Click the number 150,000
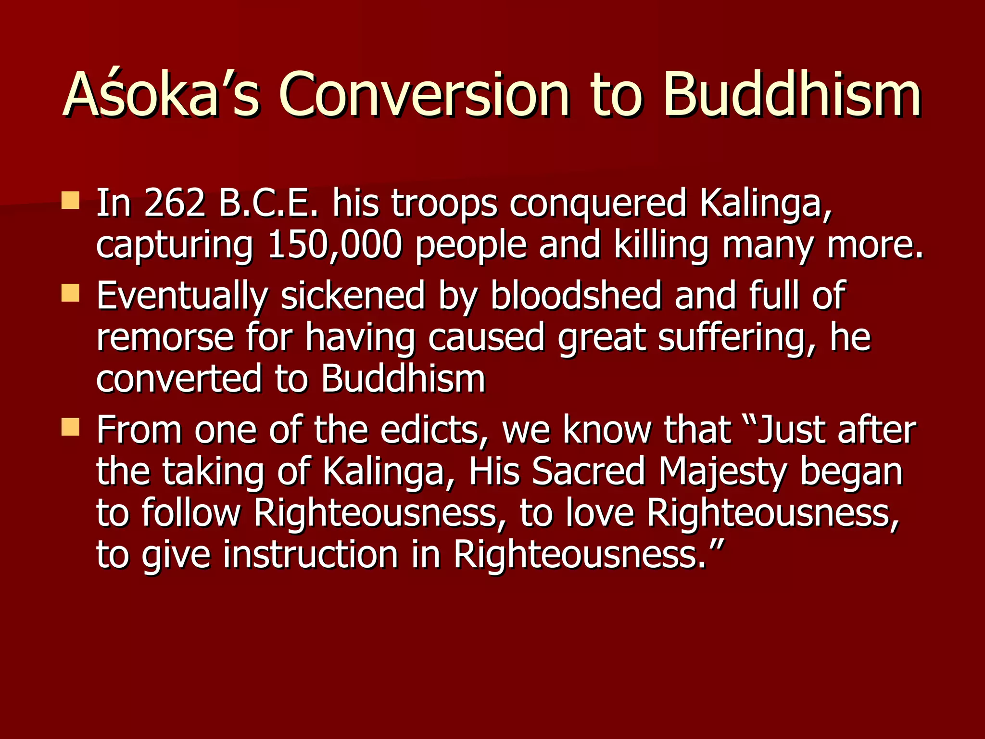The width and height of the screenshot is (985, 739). tap(334, 244)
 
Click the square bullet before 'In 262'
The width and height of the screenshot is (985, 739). tap(70, 200)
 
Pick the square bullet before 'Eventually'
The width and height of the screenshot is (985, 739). tap(70, 293)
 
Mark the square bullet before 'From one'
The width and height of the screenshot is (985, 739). tap(70, 427)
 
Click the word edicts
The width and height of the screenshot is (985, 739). tap(435, 430)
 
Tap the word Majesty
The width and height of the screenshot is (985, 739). tap(722, 472)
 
